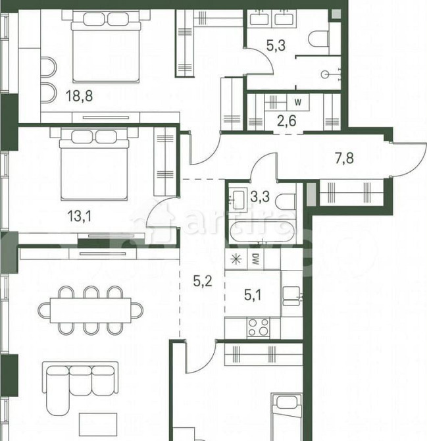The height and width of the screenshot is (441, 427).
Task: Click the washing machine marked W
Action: click(299, 102)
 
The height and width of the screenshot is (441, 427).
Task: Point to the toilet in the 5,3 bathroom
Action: click(320, 39)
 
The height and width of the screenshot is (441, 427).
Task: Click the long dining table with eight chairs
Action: click(91, 309)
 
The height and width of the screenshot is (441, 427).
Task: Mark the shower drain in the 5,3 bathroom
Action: click(325, 74)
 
